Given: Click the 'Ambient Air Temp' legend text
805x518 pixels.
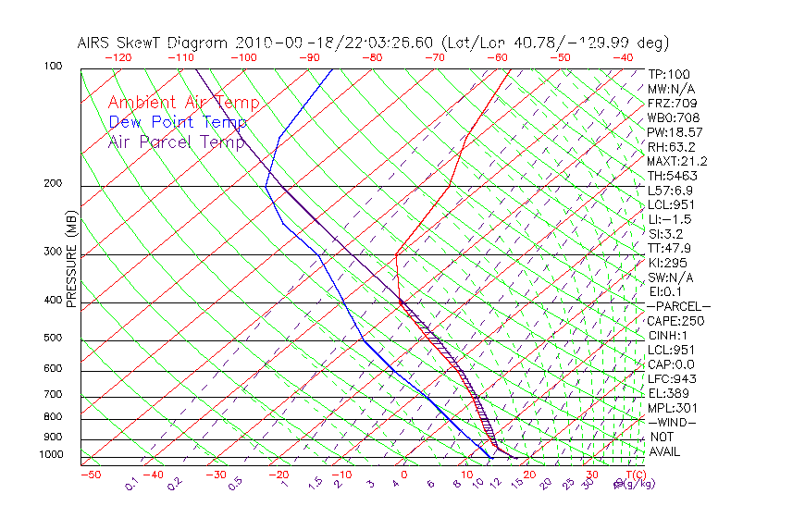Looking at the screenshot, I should (183, 103).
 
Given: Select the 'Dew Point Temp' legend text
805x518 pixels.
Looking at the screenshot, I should (177, 122).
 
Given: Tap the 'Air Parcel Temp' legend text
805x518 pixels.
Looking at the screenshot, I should (176, 142).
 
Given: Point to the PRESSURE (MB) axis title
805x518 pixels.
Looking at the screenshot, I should (71, 259).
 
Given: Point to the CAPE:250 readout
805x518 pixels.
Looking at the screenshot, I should (675, 321).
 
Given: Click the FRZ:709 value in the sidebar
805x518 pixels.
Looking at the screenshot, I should (672, 103).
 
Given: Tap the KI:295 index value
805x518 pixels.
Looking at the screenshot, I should (668, 263).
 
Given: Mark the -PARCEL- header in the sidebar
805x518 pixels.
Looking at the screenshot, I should (678, 306).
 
